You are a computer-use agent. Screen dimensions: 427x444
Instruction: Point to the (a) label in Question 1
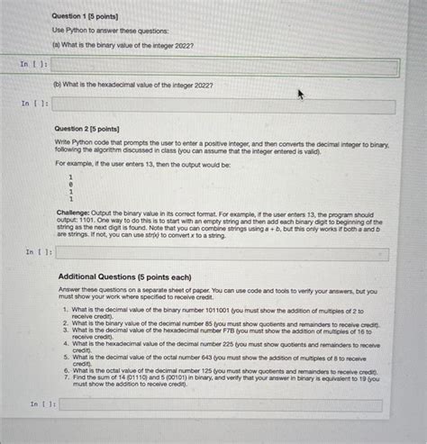click(57, 44)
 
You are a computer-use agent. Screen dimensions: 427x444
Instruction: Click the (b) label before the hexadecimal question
click(58, 86)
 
